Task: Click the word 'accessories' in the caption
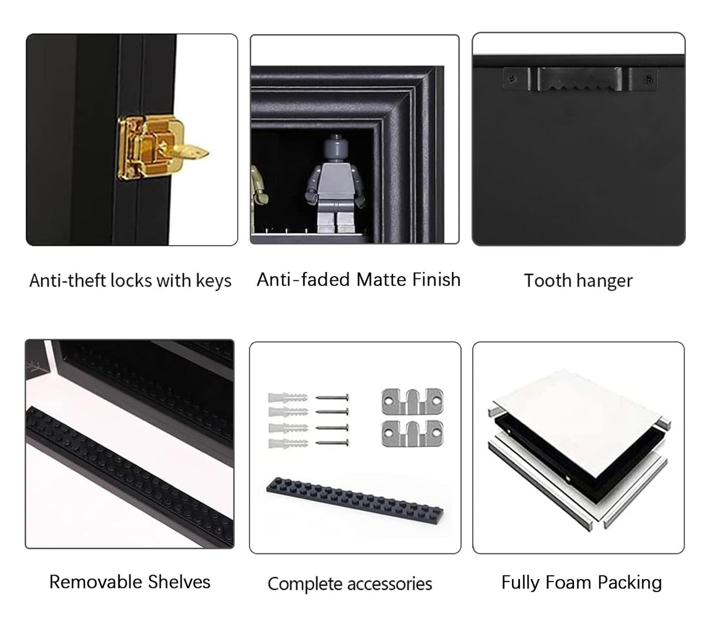[389, 584]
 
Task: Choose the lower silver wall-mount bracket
[412, 433]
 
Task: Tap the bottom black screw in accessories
[332, 442]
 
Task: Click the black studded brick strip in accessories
[354, 499]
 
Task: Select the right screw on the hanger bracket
[648, 79]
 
